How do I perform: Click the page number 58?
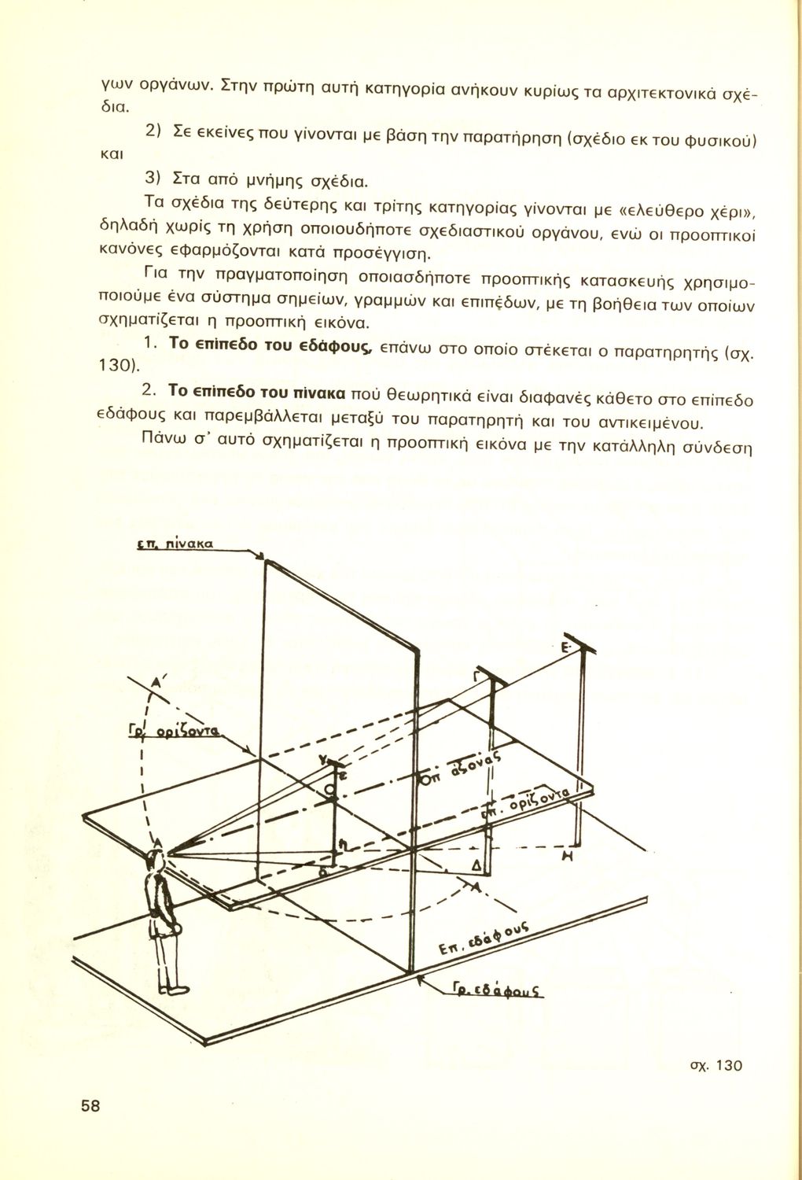(x=90, y=1105)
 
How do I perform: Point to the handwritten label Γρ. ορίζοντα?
(x=174, y=729)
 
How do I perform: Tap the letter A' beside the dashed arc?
(x=156, y=683)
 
